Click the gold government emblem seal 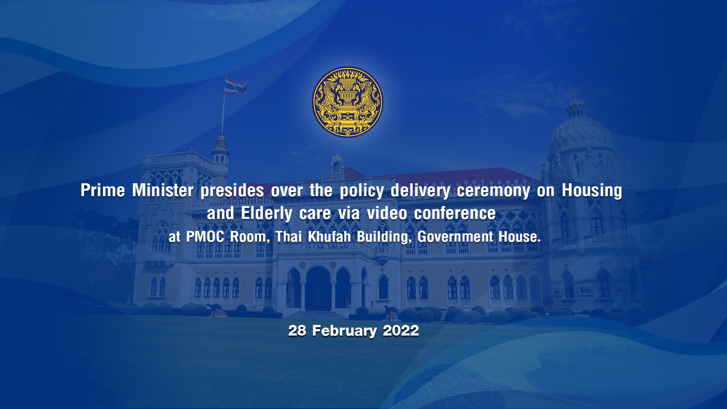348,102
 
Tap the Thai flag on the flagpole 235,85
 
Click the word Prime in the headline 103,190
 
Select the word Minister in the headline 163,190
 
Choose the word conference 455,213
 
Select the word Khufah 329,237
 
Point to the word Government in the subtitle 455,237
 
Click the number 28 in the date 297,331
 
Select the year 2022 401,331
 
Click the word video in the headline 387,213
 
